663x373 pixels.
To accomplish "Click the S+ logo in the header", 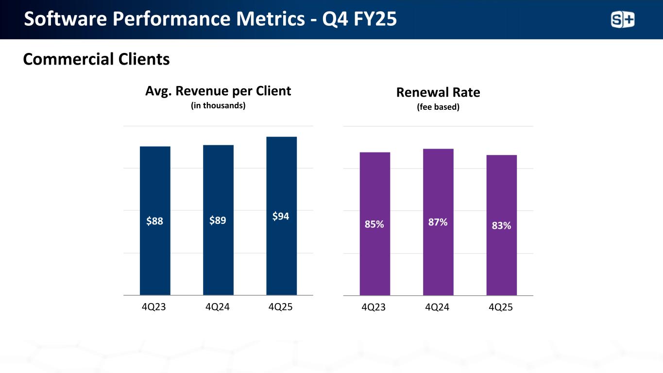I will coord(622,20).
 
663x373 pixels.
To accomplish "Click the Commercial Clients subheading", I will coord(96,59).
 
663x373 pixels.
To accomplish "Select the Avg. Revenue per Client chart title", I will coord(218,91).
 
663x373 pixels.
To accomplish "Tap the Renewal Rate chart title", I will coord(438,92).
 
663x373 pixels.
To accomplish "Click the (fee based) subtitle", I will coord(438,107).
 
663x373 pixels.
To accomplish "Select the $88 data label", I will coord(155,221).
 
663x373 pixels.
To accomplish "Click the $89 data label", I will coord(218,221).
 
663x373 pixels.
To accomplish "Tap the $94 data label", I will coord(281,217).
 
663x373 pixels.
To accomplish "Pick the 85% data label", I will coord(374,224).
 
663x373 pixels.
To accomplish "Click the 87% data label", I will coord(438,222).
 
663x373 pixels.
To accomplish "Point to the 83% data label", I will coord(501,225).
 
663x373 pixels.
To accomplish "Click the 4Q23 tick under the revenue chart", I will coord(155,307).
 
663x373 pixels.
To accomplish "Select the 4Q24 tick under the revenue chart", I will coord(218,307).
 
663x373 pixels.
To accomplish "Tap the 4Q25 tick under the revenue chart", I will coord(281,307).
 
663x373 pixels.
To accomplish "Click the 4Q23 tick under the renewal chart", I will coord(374,307).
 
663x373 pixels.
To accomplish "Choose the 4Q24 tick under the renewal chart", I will coord(438,307).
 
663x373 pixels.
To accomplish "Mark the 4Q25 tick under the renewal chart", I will coord(501,307).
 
